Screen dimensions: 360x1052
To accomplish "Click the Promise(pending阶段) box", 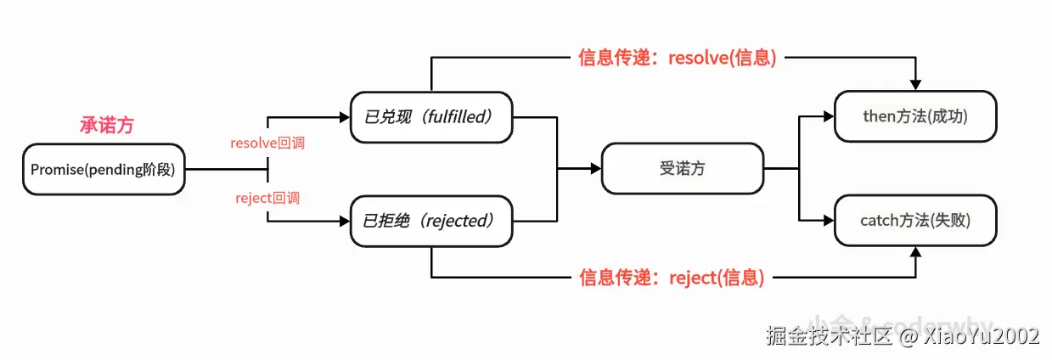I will [103, 170].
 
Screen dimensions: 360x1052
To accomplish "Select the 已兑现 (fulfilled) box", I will [431, 116].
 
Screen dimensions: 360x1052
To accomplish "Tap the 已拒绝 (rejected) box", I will [431, 221].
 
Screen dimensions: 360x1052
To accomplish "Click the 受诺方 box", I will [682, 169].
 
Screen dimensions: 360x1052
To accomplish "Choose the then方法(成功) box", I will [915, 116].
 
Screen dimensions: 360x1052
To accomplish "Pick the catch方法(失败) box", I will [915, 221].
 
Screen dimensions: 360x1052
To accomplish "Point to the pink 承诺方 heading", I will [107, 126].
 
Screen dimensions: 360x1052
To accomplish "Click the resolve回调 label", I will [267, 143].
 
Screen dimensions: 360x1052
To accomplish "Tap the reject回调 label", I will [267, 198].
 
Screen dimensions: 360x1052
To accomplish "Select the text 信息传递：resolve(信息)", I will [677, 59].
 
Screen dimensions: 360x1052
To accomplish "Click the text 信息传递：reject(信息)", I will [671, 278].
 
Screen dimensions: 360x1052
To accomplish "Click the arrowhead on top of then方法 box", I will [915, 85].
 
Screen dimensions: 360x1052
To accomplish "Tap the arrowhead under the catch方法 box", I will [915, 252].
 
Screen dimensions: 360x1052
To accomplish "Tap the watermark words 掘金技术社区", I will [829, 336].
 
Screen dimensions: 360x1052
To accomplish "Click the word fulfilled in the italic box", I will [455, 116].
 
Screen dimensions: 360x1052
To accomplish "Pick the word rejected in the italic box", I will [455, 221].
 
